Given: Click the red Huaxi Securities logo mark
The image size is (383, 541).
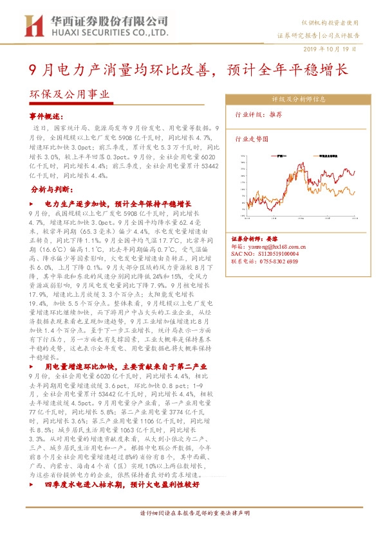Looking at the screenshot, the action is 30,25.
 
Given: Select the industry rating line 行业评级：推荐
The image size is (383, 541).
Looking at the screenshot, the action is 257,114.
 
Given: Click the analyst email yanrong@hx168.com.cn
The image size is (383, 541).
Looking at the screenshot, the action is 270,246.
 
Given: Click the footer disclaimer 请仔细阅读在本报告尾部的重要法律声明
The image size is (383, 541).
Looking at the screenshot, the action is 191,513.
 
